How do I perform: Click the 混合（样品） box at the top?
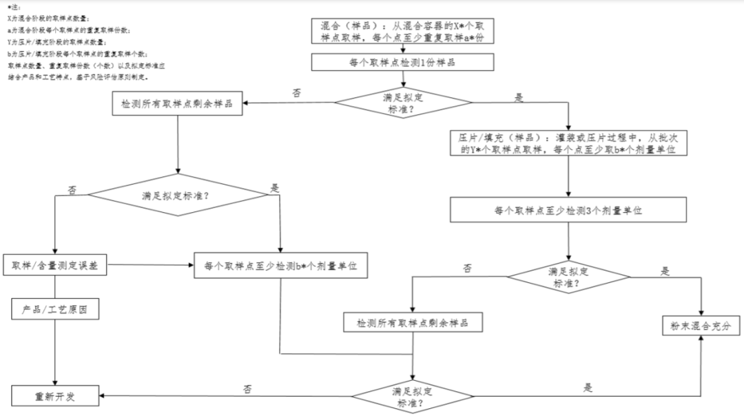402,32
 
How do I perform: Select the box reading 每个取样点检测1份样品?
402,62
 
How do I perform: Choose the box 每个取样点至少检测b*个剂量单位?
281,265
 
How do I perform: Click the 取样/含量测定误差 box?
55,265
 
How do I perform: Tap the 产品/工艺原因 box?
55,310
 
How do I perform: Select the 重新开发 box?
55,397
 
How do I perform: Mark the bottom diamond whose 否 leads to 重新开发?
412,397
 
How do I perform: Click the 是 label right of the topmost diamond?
519,97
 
